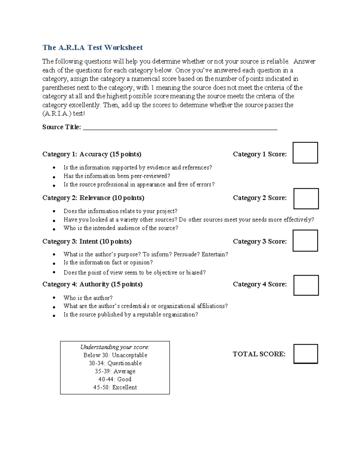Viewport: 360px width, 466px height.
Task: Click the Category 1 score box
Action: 305,153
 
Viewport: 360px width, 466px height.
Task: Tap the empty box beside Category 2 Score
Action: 306,199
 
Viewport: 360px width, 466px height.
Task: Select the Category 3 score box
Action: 305,241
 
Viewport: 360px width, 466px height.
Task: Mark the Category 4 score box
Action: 306,285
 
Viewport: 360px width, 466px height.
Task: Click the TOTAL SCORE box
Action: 305,354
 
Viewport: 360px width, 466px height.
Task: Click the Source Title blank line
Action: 180,128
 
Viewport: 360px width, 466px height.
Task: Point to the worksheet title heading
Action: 92,47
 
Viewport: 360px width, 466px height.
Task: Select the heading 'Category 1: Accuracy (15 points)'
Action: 92,154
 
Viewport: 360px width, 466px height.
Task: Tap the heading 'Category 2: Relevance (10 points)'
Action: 93,198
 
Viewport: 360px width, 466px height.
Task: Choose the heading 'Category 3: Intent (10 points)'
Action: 87,242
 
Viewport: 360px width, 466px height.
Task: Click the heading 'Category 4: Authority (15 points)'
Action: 92,284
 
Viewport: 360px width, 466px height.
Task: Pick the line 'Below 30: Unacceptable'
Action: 115,355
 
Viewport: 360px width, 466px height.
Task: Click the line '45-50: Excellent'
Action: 115,387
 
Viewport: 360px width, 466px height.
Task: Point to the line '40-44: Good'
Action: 115,379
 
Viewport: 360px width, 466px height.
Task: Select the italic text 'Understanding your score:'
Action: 115,347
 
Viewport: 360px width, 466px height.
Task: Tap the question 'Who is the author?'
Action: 88,298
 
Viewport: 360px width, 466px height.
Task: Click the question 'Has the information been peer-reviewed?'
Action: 117,176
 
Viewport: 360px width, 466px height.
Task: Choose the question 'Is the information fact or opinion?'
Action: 108,263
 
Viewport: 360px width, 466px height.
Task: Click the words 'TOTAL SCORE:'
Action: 259,354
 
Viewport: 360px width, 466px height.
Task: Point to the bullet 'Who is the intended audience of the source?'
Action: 121,228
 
